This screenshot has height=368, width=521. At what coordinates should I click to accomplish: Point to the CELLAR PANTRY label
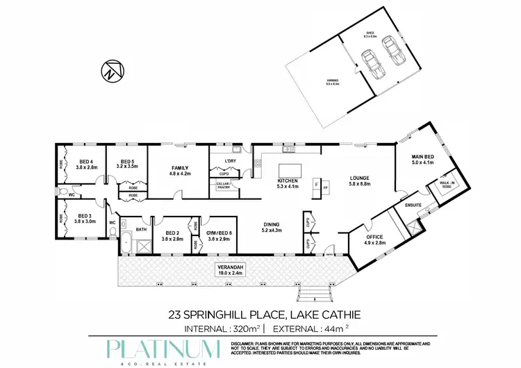(224, 184)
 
